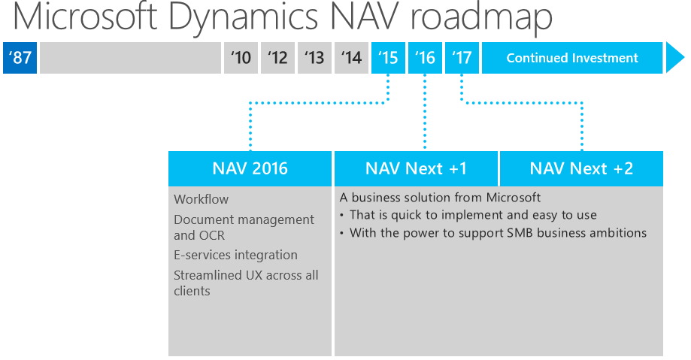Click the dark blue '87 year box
tap(20, 58)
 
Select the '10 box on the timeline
tap(241, 58)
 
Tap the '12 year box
tap(277, 58)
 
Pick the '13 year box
tap(314, 58)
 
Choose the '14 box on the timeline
tap(351, 58)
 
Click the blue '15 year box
tap(388, 58)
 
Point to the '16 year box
tap(425, 58)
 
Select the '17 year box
tap(462, 58)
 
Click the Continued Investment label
tap(572, 58)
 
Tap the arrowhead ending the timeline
tap(674, 58)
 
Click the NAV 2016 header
tap(250, 168)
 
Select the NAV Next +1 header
tap(416, 168)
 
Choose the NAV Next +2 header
tap(582, 168)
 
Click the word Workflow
tap(202, 199)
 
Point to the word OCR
tap(212, 235)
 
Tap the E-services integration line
tap(236, 255)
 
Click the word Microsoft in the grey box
tap(514, 197)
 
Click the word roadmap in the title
tap(481, 17)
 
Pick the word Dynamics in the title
tap(244, 17)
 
